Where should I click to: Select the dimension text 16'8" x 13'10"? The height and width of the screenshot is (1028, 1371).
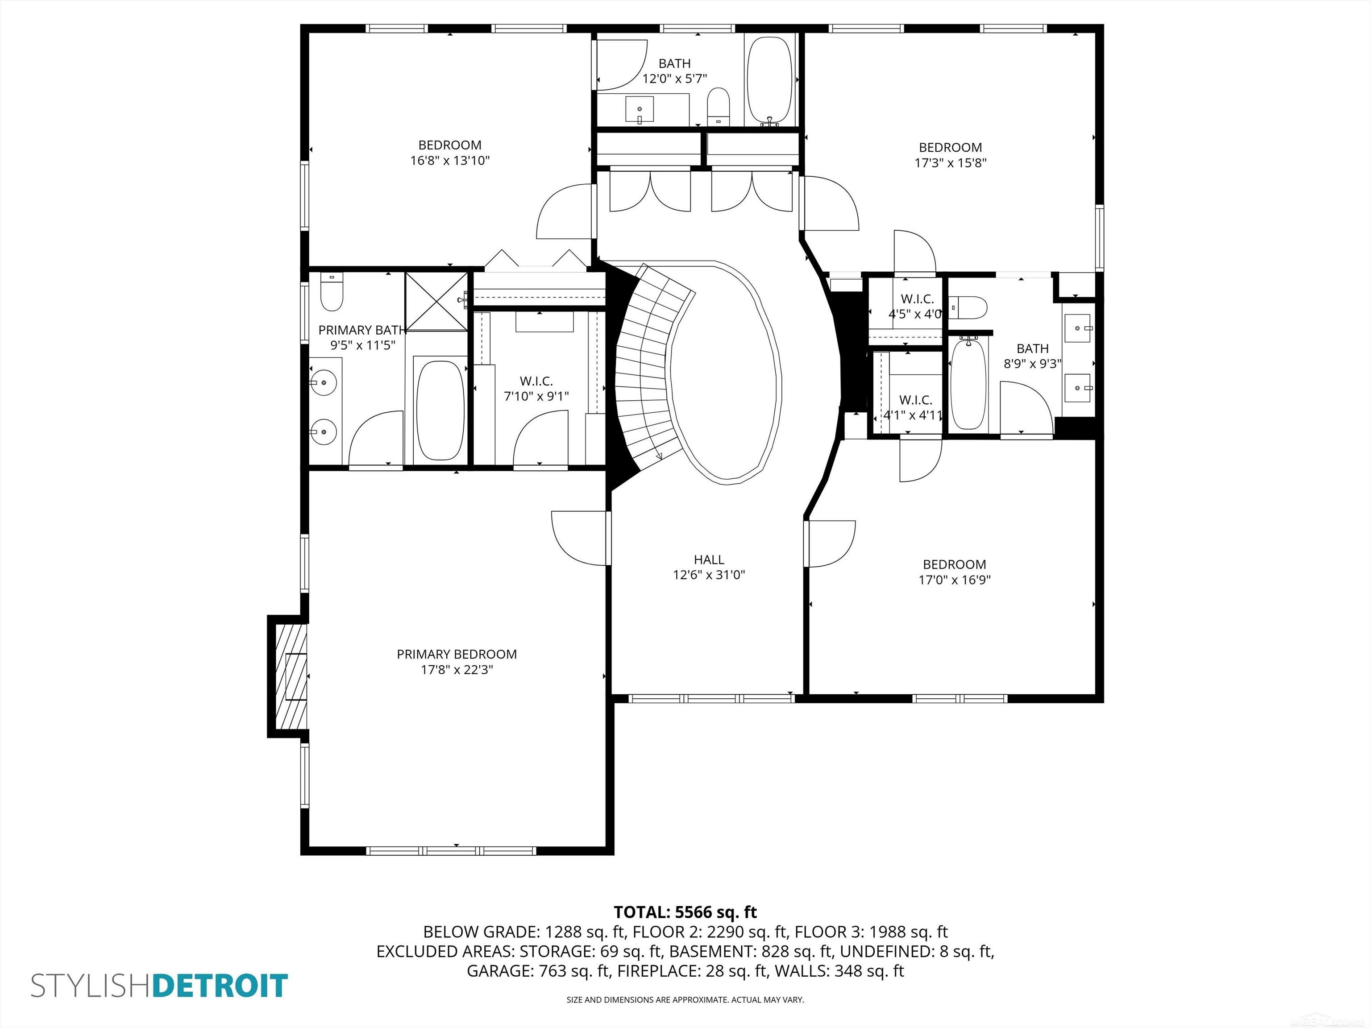(450, 161)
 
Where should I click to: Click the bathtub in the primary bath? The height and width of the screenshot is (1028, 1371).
(440, 410)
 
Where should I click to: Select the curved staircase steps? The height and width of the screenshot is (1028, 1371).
(644, 365)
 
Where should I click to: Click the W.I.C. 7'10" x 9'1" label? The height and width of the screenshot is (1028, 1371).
(536, 389)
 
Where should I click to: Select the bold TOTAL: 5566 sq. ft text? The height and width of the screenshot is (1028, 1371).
(685, 912)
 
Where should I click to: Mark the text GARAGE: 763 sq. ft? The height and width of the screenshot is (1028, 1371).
(538, 971)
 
